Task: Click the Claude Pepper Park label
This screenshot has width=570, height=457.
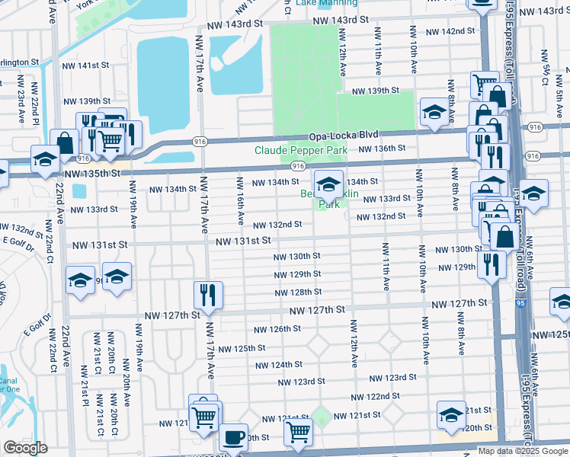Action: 300,151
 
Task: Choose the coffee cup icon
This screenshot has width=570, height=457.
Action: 233,437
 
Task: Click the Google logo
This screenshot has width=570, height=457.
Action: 25,448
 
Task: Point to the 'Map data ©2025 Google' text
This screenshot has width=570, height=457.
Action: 522,451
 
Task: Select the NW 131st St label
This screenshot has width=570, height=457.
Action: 242,241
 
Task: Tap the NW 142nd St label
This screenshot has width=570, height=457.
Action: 450,31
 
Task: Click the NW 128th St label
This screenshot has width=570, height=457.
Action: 297,292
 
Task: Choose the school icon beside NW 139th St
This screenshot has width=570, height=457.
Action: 434,112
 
